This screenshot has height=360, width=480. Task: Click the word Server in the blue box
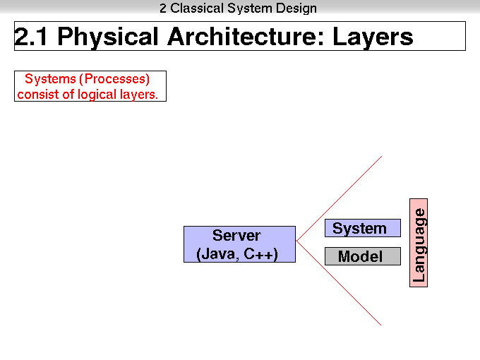point(236,235)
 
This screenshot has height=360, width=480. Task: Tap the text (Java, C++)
point(237,254)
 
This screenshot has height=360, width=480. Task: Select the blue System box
point(363,228)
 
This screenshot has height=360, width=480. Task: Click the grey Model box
point(363,256)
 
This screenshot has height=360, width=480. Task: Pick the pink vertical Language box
point(419,243)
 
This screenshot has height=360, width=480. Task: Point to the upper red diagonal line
point(340,198)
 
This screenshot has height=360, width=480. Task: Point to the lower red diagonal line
point(339,283)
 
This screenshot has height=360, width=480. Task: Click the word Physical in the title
point(108,37)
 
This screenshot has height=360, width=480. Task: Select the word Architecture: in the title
point(246,37)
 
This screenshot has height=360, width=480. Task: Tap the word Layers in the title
point(373,37)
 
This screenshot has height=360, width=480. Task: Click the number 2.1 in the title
point(31,37)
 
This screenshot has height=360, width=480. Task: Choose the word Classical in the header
point(197,8)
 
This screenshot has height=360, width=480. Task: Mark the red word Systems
point(50,78)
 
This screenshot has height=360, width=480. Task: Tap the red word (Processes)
point(114,79)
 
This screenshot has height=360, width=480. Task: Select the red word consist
point(38,95)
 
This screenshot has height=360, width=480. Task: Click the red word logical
point(97,95)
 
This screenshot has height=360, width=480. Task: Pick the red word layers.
point(139,95)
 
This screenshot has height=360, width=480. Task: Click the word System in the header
point(249,8)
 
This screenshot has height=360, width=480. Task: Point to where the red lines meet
point(296,241)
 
